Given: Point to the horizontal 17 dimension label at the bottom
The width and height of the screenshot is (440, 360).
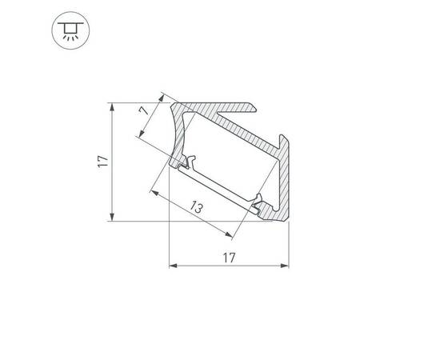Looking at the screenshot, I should [x=229, y=258].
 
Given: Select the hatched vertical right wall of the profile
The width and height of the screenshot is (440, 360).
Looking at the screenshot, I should [x=286, y=180].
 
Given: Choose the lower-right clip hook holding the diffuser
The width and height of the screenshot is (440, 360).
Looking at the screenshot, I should [x=258, y=206].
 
